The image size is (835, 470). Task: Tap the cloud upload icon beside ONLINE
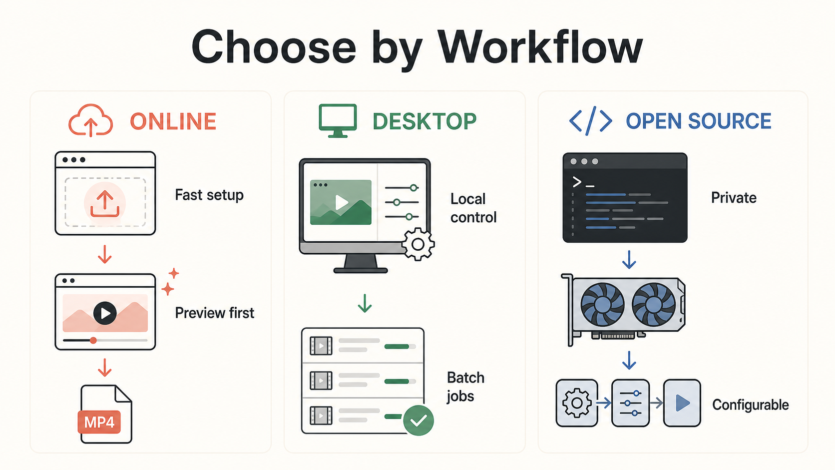coord(90,120)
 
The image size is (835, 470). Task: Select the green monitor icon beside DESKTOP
coord(338,121)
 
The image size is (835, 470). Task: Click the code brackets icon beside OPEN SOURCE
coord(591,121)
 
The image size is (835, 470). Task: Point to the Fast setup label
coord(209,195)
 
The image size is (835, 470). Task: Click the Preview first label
coord(214,313)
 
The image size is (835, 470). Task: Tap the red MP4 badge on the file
coord(99,422)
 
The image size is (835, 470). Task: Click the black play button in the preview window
coord(105,313)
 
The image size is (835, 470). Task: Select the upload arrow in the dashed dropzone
coord(105,204)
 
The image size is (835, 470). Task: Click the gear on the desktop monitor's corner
coord(418,245)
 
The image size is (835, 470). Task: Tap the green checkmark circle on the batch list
coord(418,421)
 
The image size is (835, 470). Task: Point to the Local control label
coord(473,208)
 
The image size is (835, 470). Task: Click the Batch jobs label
coord(465,387)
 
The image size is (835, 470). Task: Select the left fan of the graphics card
coord(602,305)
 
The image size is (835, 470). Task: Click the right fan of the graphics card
coord(653,305)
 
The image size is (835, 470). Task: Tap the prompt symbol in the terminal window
coord(577,182)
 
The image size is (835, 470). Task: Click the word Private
coord(734,198)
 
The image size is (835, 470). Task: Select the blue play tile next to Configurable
coord(682,403)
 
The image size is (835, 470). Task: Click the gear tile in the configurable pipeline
coord(577,403)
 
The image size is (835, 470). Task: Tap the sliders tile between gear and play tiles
coord(630,403)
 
